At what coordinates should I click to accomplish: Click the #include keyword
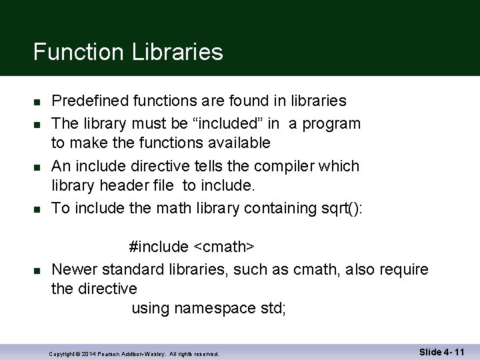click(159, 247)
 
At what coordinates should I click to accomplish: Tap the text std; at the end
click(273, 309)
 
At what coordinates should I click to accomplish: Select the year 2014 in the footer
click(92, 353)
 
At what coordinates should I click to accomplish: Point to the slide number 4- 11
click(451, 351)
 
